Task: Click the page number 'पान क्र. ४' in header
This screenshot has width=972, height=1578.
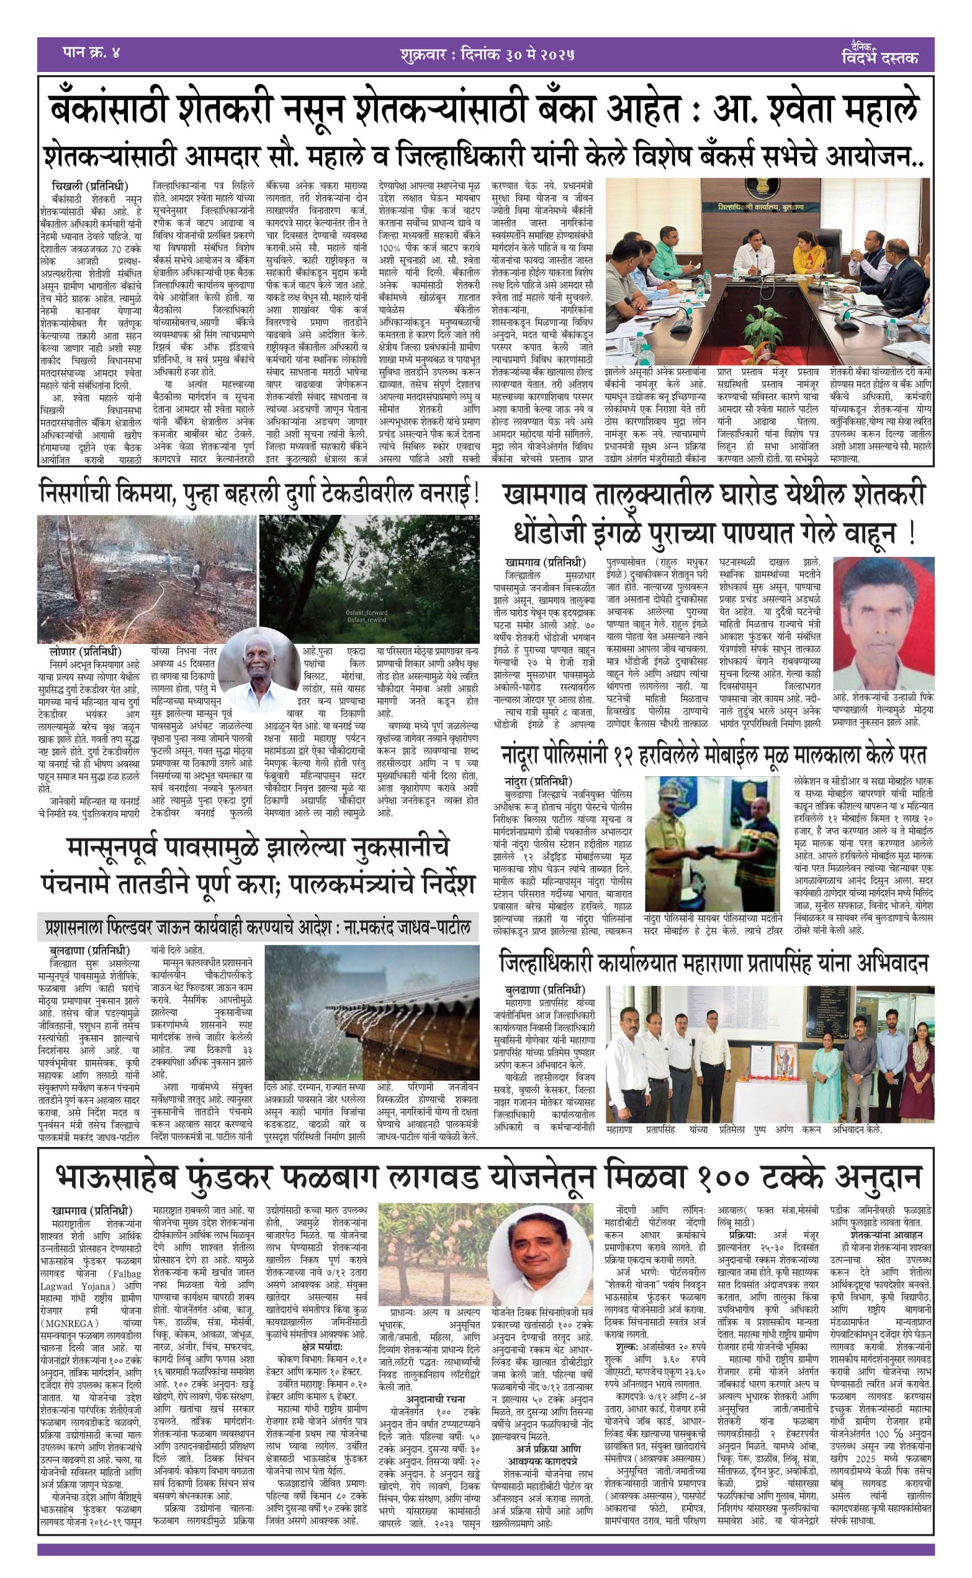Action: pos(91,52)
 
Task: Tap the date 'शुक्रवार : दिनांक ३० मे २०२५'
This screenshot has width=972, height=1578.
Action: pos(486,54)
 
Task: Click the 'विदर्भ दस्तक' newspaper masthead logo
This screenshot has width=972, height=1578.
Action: pos(879,54)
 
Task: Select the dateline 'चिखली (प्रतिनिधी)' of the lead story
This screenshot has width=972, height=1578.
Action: pos(90,186)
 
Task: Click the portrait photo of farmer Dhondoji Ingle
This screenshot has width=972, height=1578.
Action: pos(882,623)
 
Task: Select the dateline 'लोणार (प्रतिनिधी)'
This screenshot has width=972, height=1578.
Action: pos(86,652)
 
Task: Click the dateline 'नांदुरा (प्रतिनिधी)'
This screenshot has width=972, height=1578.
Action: pos(538,782)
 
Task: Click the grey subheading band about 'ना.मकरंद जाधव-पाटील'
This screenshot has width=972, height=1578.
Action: pos(258,927)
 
